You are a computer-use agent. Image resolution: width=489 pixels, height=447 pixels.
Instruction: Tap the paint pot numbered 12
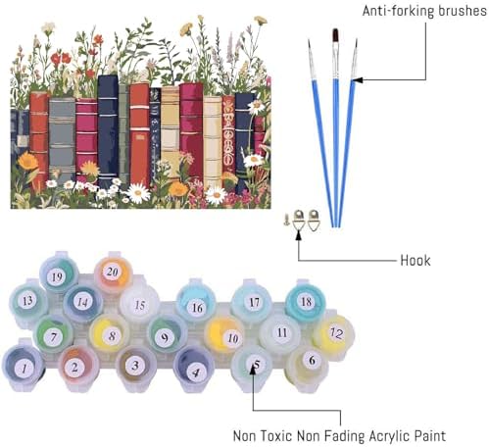[334, 334]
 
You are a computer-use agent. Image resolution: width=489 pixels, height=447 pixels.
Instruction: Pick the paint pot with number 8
[110, 335]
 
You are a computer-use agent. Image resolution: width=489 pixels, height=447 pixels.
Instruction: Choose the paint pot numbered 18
[306, 302]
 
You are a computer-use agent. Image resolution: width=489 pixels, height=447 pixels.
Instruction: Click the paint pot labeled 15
[140, 305]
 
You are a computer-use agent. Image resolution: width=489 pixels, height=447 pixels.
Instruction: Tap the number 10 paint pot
[226, 336]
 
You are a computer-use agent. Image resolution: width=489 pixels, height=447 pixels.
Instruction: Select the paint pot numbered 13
[28, 301]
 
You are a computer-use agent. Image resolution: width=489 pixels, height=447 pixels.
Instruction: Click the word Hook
[416, 261]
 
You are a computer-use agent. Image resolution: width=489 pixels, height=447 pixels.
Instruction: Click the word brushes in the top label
[462, 11]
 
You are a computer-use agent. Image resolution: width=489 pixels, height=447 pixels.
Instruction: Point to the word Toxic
[277, 436]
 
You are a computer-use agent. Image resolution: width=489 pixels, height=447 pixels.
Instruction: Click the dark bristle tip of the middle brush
[335, 35]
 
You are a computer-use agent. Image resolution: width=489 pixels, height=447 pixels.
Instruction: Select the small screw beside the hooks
[286, 220]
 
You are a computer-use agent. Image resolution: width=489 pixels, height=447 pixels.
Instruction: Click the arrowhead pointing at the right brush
[357, 79]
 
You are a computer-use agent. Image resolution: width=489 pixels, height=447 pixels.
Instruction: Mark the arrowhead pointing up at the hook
[299, 234]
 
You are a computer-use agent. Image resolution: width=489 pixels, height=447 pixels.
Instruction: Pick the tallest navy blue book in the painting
[108, 130]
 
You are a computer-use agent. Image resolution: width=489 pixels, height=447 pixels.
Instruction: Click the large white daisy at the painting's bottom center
[138, 193]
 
